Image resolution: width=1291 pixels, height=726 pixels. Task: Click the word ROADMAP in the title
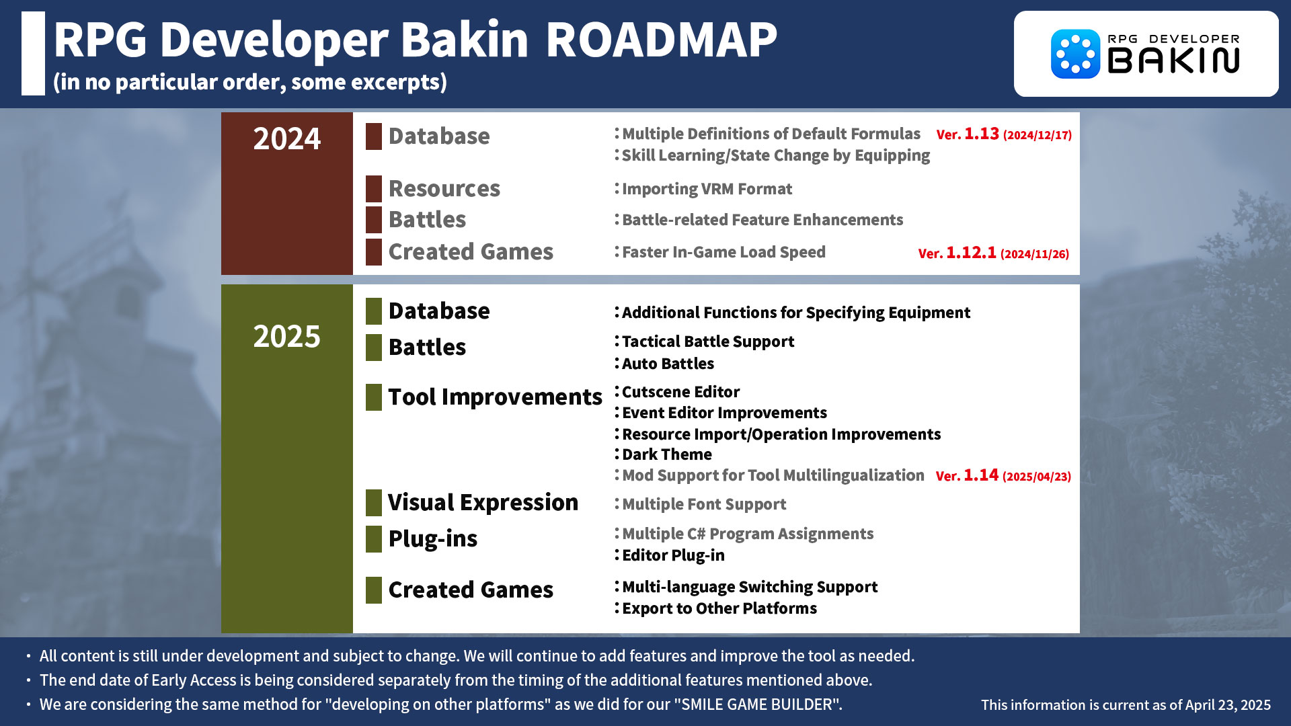[661, 40]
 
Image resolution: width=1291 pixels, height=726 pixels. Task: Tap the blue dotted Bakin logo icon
[1075, 54]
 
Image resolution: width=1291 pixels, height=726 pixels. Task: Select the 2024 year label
[287, 139]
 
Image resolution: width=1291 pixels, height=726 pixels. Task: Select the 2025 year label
[287, 336]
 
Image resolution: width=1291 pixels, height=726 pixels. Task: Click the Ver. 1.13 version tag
[1004, 134]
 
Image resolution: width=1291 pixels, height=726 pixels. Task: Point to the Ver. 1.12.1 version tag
[994, 253]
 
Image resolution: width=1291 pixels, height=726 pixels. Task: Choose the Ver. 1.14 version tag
[1003, 476]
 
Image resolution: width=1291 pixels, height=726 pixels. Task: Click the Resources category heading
[444, 189]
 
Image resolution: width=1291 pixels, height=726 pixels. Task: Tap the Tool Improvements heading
[496, 397]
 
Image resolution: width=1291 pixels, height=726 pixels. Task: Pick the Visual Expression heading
[483, 503]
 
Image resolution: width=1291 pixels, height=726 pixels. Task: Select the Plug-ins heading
[433, 539]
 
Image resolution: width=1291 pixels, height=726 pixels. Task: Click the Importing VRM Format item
[707, 189]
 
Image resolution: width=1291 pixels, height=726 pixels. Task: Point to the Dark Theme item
[666, 454]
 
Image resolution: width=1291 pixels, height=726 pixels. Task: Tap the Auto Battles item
[668, 364]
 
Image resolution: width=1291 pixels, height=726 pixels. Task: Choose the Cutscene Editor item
[680, 392]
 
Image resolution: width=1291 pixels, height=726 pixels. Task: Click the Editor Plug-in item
[673, 555]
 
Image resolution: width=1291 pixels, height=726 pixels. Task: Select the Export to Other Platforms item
[719, 608]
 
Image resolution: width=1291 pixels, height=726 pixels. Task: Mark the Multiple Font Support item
[704, 504]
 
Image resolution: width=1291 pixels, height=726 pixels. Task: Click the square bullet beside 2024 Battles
[374, 220]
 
